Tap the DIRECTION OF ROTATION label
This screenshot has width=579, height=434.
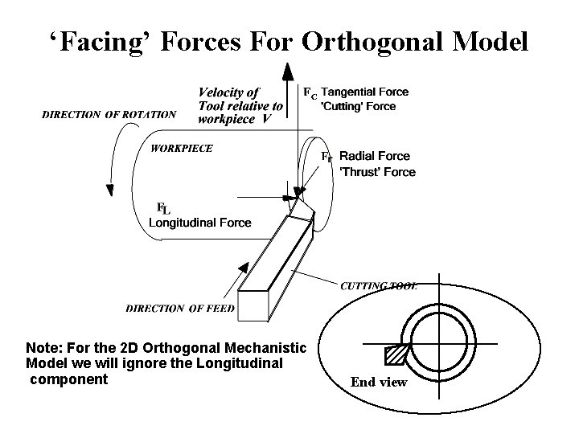[x=109, y=114]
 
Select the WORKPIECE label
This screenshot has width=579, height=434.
[x=183, y=148]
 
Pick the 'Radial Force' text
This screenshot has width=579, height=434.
[x=374, y=156]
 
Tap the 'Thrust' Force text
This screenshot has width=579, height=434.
[x=377, y=171]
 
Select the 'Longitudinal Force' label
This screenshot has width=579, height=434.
[x=199, y=223]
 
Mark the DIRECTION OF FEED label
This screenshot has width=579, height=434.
[x=180, y=308]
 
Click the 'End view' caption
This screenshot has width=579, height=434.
[x=379, y=383]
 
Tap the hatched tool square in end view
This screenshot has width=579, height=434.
[x=396, y=354]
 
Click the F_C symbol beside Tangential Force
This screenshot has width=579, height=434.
[x=309, y=93]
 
